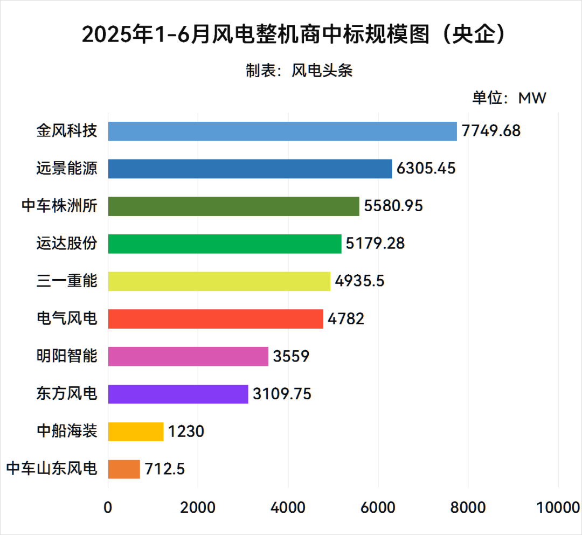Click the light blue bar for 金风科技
(282, 131)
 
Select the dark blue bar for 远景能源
(250, 169)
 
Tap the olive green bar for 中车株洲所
(233, 206)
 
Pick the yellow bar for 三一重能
(219, 281)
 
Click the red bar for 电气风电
(215, 319)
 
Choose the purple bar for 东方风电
(178, 394)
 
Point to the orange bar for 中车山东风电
(124, 469)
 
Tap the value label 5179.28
(375, 244)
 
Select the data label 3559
(291, 356)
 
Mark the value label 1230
(186, 431)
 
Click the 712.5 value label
(165, 469)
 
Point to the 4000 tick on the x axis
(288, 508)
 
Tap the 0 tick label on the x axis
(108, 508)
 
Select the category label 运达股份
(67, 244)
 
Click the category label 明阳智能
(67, 356)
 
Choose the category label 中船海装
(67, 431)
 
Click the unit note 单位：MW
(509, 98)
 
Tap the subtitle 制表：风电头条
(299, 71)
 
